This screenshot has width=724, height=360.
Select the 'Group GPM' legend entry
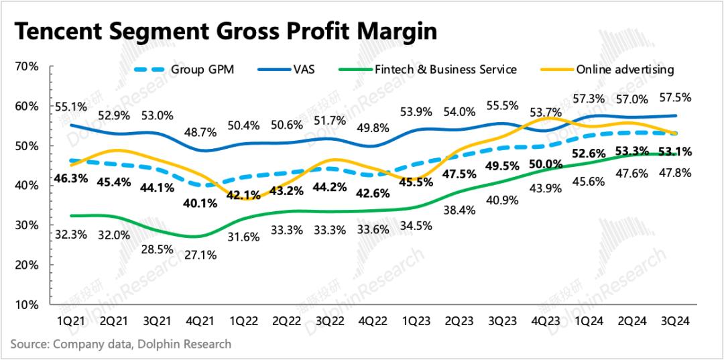202,69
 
